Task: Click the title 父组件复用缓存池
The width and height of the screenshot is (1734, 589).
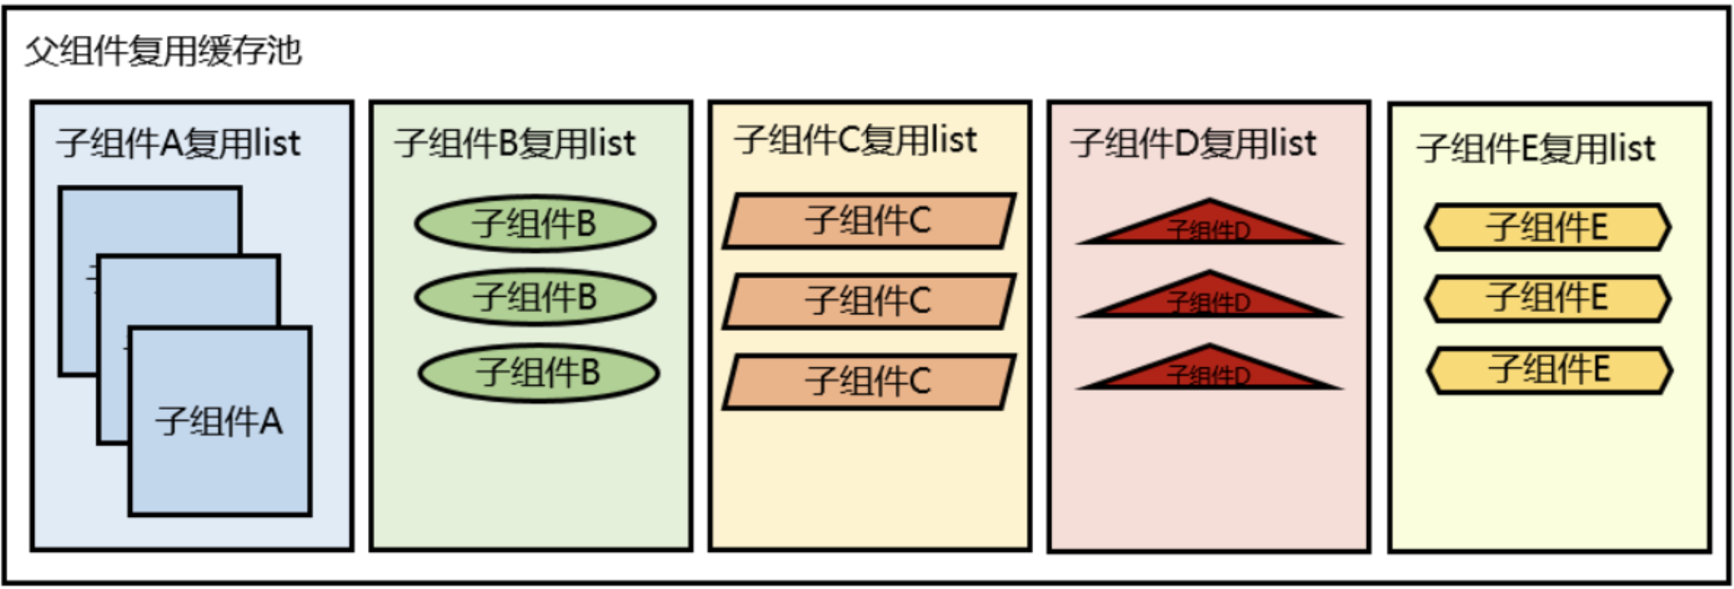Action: pos(164,52)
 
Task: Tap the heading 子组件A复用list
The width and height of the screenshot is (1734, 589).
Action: pos(179,143)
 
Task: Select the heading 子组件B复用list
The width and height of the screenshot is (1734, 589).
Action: pos(515,143)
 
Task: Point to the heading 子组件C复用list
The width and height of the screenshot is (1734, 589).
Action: pos(856,140)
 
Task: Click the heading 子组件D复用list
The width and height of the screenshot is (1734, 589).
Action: pos(1194,143)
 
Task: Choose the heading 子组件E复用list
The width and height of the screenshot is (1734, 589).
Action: pos(1535,149)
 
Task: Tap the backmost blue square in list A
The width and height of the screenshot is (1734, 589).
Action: pos(152,220)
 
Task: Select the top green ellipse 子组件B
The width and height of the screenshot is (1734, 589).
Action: pos(535,224)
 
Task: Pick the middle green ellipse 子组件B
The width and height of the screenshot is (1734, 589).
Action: pos(535,297)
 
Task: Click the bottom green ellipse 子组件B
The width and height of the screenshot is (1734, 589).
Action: pos(539,373)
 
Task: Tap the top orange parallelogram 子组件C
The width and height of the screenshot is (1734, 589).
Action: pos(869,221)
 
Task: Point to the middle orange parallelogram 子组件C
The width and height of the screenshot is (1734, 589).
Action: pos(869,301)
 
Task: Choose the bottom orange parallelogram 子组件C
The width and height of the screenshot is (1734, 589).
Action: pos(869,381)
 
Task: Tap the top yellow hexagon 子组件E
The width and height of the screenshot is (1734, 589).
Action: pos(1547,227)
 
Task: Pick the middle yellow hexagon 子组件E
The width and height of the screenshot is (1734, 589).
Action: pos(1547,298)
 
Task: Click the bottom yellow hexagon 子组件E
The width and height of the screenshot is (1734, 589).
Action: pos(1549,370)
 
